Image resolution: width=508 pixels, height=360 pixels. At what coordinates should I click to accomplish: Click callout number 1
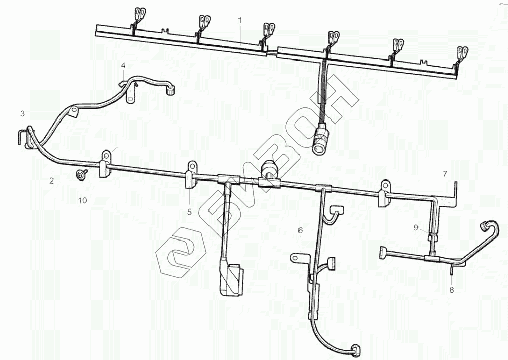(240, 20)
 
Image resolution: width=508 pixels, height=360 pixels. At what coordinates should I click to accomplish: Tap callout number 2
(51, 181)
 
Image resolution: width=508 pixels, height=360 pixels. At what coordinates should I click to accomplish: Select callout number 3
(22, 113)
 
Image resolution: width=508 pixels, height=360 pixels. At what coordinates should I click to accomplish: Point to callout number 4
(123, 65)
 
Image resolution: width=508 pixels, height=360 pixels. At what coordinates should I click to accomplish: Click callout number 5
(189, 212)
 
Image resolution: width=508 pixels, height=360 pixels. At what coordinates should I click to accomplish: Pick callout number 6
(300, 230)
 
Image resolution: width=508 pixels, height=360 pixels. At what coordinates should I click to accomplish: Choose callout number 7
(445, 173)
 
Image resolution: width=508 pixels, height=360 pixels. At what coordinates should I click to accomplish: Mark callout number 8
(452, 290)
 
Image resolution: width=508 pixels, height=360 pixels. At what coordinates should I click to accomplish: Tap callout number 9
(416, 228)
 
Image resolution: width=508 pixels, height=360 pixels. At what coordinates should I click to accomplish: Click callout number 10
(82, 200)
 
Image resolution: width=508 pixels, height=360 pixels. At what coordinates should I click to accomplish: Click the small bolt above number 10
(81, 175)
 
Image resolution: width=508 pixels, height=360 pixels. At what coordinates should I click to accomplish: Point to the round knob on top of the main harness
(270, 167)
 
